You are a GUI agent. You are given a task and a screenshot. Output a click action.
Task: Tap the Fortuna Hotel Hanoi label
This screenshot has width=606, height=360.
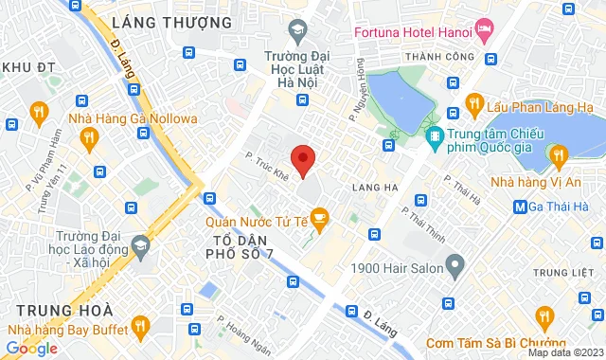[x=415, y=30]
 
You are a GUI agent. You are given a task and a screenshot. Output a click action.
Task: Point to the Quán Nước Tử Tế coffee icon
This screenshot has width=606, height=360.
[x=319, y=221]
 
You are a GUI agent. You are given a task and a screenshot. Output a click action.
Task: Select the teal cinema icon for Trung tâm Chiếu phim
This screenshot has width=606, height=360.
[x=435, y=138]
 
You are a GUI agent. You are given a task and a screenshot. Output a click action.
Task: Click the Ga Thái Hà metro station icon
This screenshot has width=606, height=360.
[x=520, y=207]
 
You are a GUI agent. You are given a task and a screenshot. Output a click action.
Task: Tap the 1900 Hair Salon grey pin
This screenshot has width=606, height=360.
[x=454, y=262]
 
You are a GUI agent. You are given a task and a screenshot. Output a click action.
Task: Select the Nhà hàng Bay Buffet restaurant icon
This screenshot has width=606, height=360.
[x=140, y=329]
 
